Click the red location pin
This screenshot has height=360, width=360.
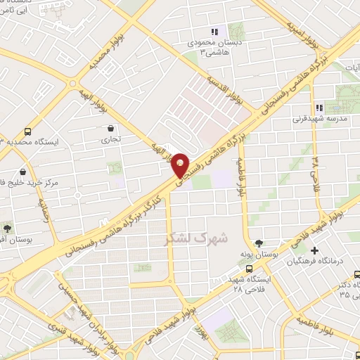click(x=181, y=165)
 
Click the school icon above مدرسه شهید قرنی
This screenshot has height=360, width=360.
click(x=319, y=108)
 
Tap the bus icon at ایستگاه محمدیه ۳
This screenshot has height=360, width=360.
click(x=27, y=131)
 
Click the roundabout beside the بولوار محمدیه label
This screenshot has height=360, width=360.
click(x=73, y=84)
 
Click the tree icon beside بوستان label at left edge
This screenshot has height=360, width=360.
click(x=8, y=228)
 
